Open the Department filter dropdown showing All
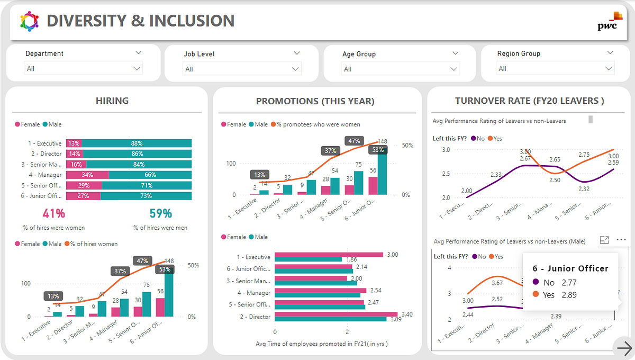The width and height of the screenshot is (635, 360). point(84,69)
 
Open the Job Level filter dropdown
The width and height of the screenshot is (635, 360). point(242,69)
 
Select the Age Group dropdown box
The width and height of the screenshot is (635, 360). point(401,69)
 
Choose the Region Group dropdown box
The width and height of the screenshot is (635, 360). point(555,69)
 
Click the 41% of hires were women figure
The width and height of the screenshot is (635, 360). point(54,214)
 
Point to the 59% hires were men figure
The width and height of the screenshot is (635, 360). point(160,214)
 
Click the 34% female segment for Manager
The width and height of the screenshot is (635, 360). point(87,175)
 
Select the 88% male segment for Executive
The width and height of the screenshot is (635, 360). point(137,143)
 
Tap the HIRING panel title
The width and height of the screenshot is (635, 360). point(112,101)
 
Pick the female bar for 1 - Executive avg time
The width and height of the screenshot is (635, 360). point(329,255)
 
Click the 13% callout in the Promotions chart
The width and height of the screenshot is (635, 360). point(260,175)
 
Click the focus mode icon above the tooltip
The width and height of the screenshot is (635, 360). point(604,240)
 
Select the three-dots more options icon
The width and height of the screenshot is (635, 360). point(621,240)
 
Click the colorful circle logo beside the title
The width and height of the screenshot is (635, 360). point(30,21)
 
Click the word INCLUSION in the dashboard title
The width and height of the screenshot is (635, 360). point(192,21)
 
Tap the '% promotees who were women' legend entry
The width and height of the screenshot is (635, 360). point(316,124)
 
